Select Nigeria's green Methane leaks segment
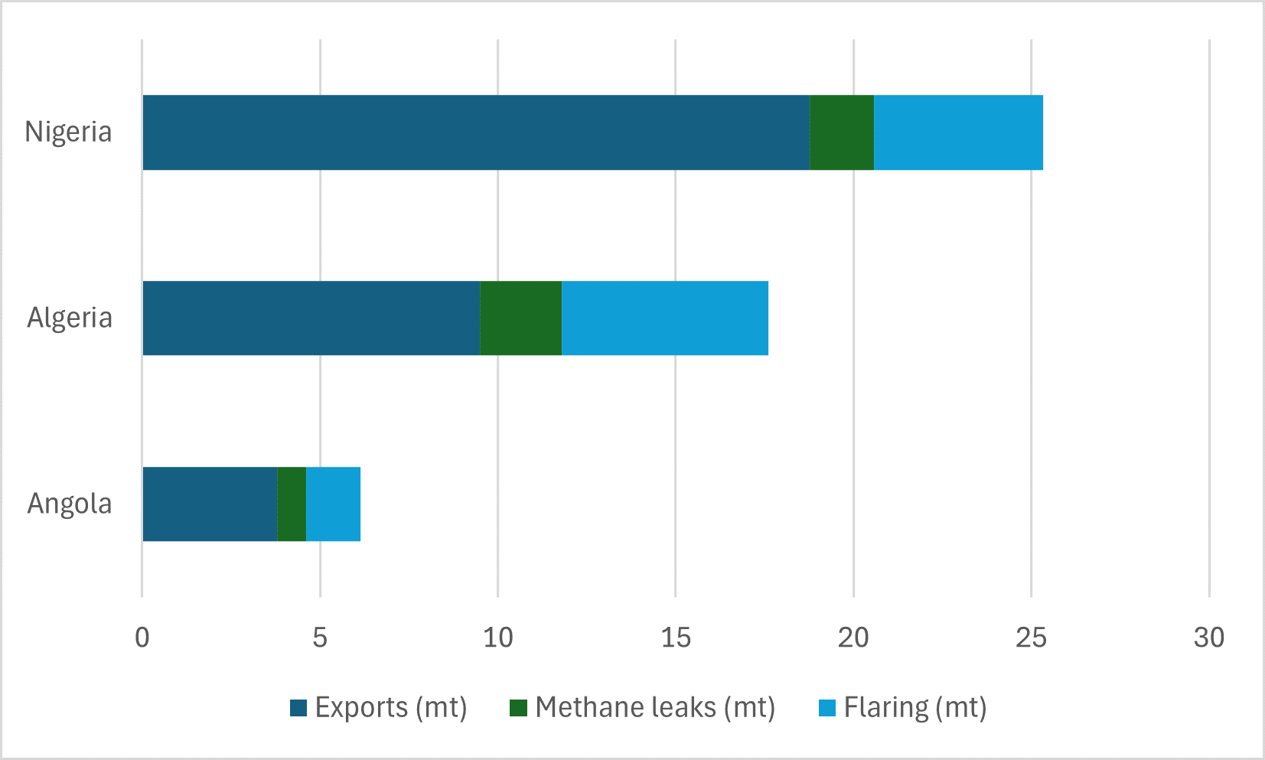tap(842, 132)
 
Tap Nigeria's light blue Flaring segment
tap(958, 132)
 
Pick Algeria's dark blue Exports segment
tap(311, 318)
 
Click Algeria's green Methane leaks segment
tap(521, 318)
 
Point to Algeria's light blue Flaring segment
tap(665, 318)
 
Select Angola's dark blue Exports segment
tap(210, 504)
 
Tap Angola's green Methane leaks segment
tap(292, 504)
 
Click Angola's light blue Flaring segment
tap(333, 504)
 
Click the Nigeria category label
tap(68, 132)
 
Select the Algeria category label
tap(70, 318)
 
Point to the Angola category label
tap(70, 504)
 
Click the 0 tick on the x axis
tap(142, 638)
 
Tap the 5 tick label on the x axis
tap(320, 638)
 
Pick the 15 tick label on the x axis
tap(676, 638)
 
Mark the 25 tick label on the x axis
tap(1031, 638)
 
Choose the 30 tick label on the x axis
tap(1209, 638)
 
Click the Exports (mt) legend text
tap(391, 708)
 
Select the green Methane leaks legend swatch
tap(518, 708)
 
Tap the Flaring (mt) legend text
tap(915, 708)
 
